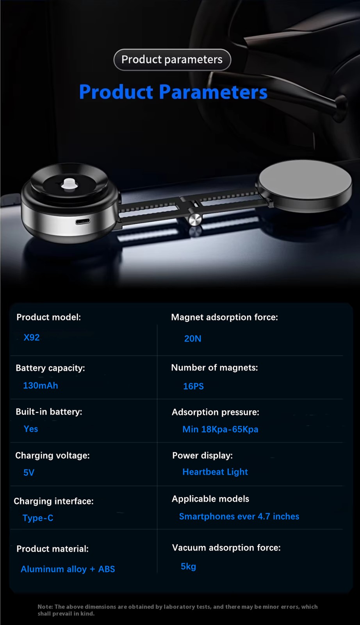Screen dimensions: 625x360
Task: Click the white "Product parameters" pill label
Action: [172, 60]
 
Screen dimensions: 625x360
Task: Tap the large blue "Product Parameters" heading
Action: [173, 92]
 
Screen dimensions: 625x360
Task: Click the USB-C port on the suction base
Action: [83, 221]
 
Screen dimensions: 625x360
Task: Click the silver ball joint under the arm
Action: [195, 219]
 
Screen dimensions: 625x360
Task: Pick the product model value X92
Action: [32, 337]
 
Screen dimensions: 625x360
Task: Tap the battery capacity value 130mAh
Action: [41, 386]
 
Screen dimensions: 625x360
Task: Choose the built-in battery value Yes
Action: [31, 429]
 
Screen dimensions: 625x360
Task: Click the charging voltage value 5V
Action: [29, 473]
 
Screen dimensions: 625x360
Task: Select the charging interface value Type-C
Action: [38, 518]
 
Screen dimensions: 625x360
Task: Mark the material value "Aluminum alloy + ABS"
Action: [68, 569]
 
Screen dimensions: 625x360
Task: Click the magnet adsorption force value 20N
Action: [193, 339]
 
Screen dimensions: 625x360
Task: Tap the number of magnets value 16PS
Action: [194, 386]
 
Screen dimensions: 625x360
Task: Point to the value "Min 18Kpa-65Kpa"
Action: [220, 429]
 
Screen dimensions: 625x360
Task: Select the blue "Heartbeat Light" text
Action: [215, 472]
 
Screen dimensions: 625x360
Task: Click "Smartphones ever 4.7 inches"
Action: [239, 516]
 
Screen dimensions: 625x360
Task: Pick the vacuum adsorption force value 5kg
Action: [188, 566]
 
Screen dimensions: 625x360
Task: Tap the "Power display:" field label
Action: [202, 455]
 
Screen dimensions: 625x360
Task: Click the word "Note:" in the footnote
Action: [45, 607]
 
